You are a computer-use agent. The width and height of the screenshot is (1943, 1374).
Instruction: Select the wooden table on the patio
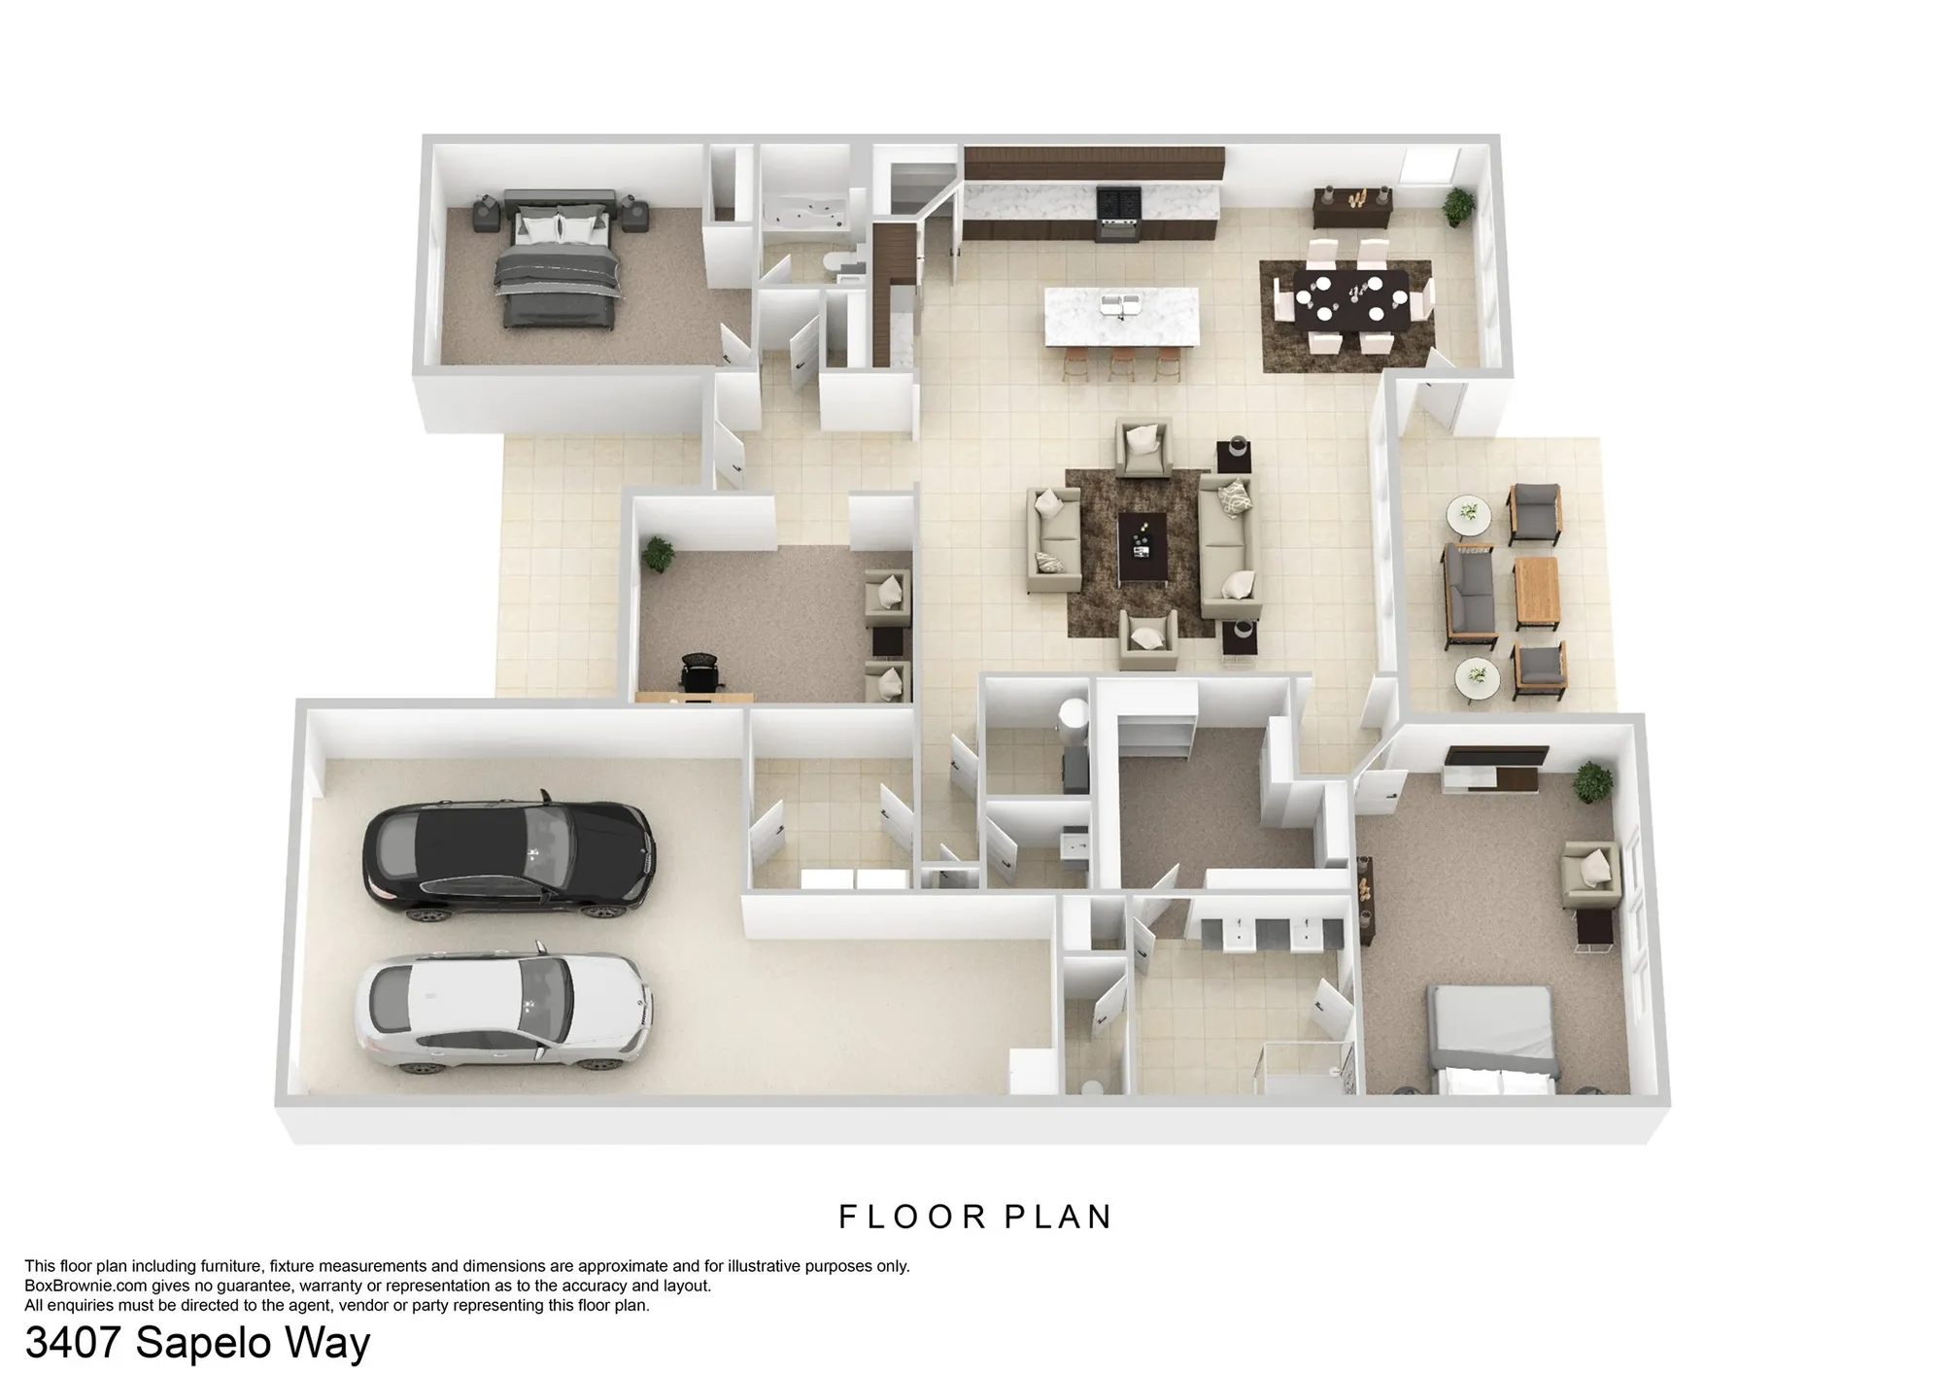pyautogui.click(x=1536, y=592)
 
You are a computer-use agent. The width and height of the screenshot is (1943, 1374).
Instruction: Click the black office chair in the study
pyautogui.click(x=699, y=674)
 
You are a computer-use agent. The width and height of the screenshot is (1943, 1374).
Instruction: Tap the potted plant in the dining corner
pyautogui.click(x=1457, y=206)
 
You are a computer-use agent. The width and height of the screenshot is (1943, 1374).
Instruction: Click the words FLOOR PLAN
pyautogui.click(x=975, y=1217)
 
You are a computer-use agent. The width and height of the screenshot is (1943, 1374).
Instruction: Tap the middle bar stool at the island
pyautogui.click(x=1122, y=363)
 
